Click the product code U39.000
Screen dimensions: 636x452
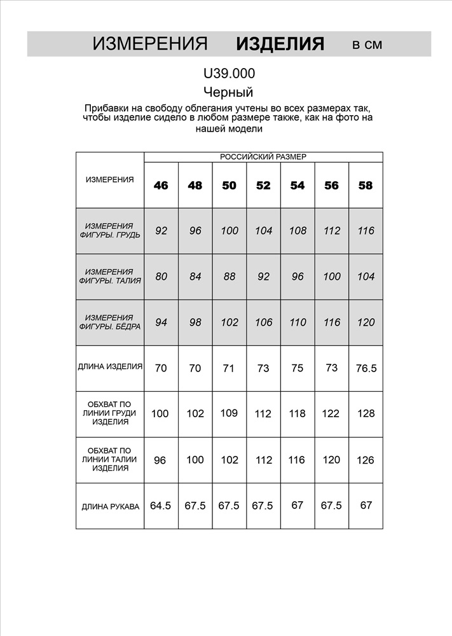[x=229, y=74]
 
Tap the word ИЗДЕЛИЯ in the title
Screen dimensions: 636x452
[x=280, y=44]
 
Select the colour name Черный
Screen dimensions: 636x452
[x=228, y=92]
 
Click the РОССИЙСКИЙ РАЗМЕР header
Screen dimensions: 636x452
[x=263, y=156]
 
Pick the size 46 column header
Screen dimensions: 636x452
[x=161, y=186]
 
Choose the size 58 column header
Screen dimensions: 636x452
[x=366, y=186]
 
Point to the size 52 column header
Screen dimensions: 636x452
[x=263, y=186]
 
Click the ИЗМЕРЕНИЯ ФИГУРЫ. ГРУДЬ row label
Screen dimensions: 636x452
[x=110, y=230]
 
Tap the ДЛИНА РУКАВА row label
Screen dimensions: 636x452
[x=110, y=507]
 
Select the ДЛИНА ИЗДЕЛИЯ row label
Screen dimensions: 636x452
[x=110, y=367]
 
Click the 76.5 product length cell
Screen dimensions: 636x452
[x=366, y=368]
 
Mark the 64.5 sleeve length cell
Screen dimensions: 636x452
[x=161, y=506]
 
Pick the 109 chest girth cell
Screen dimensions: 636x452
[x=229, y=413]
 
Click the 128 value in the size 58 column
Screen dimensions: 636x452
[x=366, y=413]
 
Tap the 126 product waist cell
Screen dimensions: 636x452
[x=366, y=460]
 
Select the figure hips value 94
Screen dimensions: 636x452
[x=161, y=322]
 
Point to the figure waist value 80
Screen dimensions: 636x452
[x=161, y=277]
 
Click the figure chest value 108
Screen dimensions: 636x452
[x=298, y=231]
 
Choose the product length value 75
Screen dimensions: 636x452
[x=298, y=368]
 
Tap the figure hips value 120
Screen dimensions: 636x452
[x=366, y=322]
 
